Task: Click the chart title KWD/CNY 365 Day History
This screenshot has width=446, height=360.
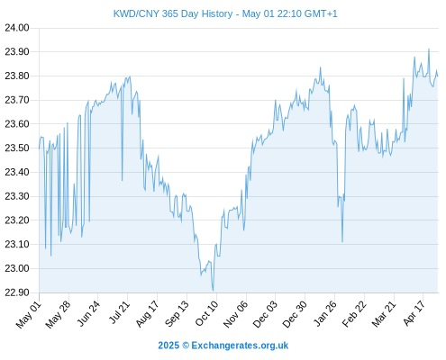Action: [173, 13]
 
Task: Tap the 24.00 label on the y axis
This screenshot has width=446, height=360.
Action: [17, 28]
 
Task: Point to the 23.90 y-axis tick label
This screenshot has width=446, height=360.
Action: [17, 52]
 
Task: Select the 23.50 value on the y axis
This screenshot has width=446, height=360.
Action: [17, 148]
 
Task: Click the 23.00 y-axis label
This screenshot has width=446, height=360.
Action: [17, 268]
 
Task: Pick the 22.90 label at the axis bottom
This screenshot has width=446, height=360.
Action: [17, 292]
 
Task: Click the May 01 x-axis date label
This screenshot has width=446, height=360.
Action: [29, 314]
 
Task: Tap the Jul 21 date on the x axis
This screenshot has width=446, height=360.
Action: [119, 312]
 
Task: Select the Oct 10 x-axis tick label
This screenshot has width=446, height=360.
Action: [206, 313]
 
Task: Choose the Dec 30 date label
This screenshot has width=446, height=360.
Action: [295, 314]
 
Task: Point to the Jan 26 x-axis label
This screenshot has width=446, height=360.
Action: [325, 313]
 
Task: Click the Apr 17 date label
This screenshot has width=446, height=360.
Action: [414, 313]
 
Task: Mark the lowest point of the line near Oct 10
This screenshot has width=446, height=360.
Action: [213, 291]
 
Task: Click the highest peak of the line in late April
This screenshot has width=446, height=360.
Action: [429, 49]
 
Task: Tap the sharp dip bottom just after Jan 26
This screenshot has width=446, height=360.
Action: [342, 242]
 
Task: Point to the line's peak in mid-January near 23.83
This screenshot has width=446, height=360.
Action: [321, 67]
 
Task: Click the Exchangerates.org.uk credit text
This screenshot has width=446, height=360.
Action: [240, 346]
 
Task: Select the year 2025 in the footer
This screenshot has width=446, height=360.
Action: [168, 346]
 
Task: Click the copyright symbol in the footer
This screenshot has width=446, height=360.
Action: [186, 346]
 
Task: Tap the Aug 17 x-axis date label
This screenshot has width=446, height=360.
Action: [147, 314]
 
